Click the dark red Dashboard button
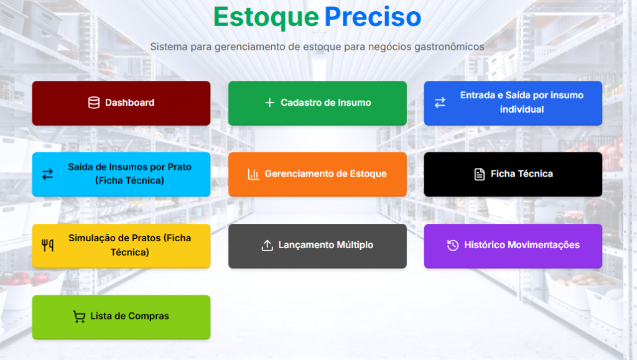pos(121,103)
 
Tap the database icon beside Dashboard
pos(94,103)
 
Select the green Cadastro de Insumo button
pos(317,103)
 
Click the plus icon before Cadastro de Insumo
pos(270,103)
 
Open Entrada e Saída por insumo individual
pos(513,103)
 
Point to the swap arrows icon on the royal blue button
pos(440,103)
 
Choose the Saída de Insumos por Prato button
pos(121,175)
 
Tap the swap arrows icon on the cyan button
pos(47,175)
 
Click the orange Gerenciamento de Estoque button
pos(317,175)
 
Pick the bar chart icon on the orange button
pos(254,174)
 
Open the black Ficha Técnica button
pos(513,175)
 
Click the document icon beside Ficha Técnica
pos(480,174)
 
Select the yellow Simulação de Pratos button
pos(121,246)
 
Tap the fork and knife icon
pos(47,246)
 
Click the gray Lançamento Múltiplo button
pos(317,246)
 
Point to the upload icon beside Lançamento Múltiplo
pos(267,245)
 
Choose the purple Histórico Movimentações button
pos(513,246)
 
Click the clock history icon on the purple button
pos(453,245)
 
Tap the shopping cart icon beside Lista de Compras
pos(79,316)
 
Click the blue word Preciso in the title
pos(373,17)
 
